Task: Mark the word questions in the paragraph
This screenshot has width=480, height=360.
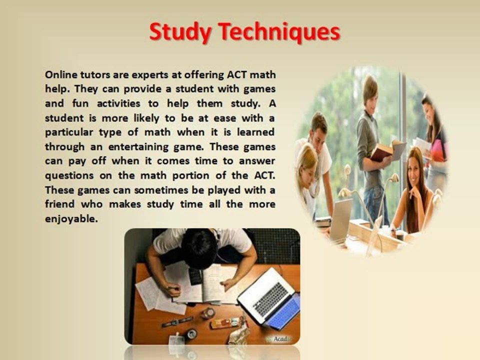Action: (x=67, y=176)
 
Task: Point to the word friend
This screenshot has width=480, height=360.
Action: (x=59, y=204)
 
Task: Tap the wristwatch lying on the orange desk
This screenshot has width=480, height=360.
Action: (x=177, y=321)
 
